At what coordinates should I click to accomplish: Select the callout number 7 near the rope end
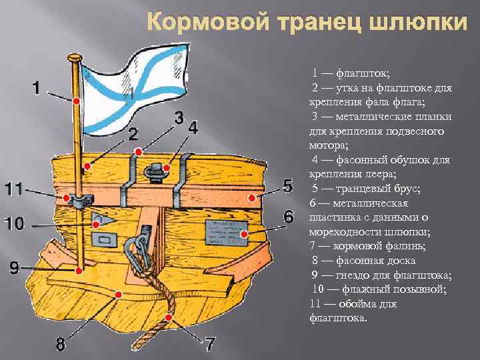click(x=209, y=344)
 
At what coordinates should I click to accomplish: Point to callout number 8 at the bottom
click(x=60, y=344)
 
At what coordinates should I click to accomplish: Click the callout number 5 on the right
click(x=288, y=186)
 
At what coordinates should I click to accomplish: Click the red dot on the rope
click(x=170, y=317)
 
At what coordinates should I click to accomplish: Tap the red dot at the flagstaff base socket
click(x=79, y=270)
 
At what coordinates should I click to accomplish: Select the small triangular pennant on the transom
click(x=103, y=218)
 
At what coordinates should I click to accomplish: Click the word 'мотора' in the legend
click(x=326, y=145)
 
